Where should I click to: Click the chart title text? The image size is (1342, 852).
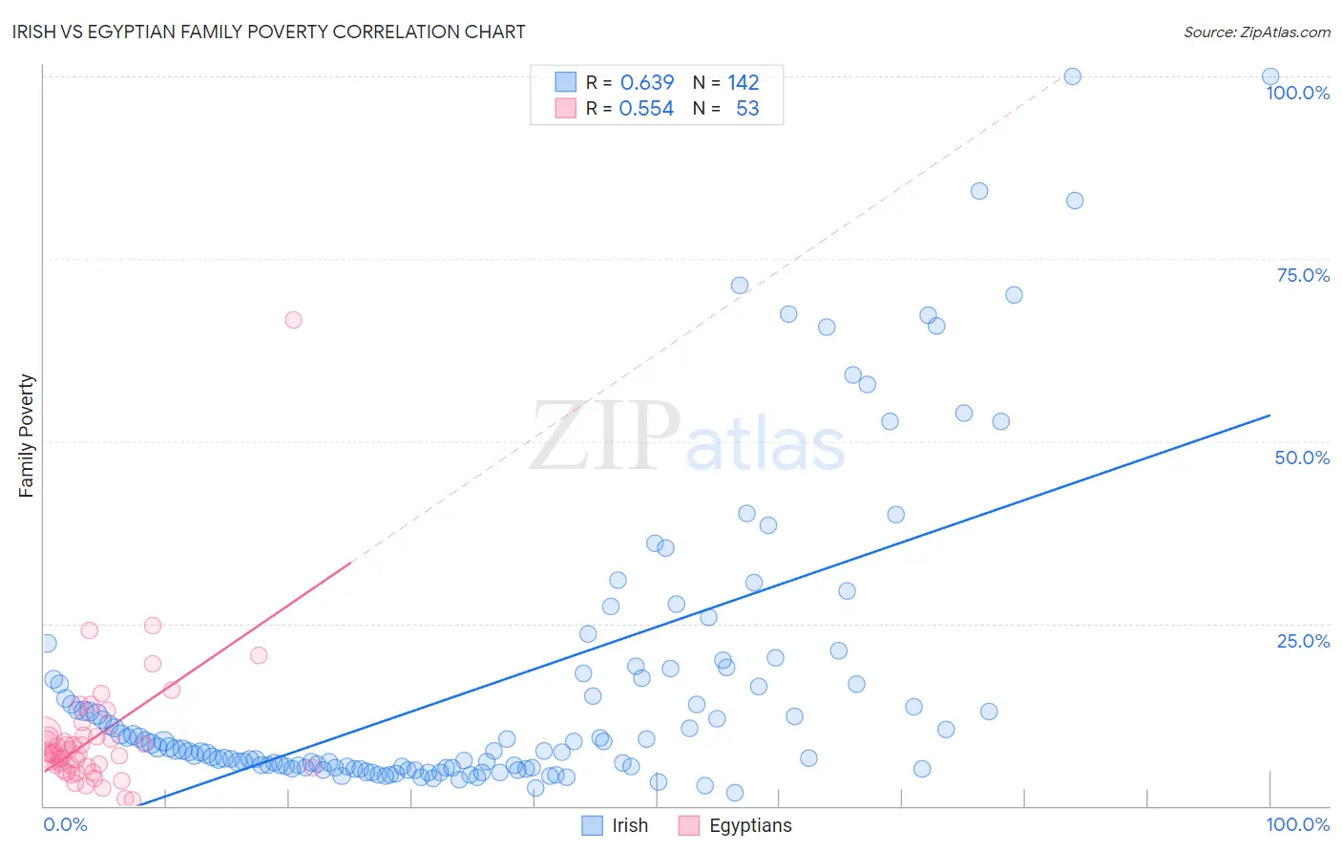268,32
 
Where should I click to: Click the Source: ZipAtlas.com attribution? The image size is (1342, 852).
1256,32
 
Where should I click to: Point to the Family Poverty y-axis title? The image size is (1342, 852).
27,436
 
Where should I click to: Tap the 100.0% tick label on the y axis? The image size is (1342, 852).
1297,93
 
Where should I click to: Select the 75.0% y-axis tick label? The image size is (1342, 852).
1302,275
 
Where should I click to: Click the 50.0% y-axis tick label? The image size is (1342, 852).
1302,458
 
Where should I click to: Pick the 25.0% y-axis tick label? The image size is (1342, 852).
1302,641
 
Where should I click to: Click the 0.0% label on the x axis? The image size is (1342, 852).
65,824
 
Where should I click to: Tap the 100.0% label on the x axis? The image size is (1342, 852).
1297,824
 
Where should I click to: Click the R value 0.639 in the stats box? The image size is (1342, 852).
646,82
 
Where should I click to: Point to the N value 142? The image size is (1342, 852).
743,82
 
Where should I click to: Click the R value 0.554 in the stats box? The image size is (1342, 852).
646,109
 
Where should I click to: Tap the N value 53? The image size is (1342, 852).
747,109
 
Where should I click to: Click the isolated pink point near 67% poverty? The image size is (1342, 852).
293,320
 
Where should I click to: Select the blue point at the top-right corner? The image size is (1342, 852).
1270,76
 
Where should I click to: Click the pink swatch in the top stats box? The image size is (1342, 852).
565,108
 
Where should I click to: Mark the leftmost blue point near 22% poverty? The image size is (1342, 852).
47,644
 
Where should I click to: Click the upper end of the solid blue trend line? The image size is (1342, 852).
1269,415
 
